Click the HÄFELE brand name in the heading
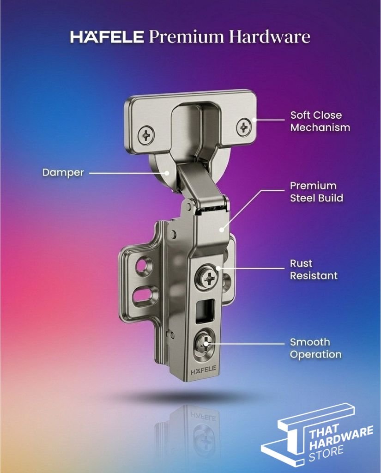[108, 37]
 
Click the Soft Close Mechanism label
[320, 121]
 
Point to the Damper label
[63, 172]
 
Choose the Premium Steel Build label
[316, 192]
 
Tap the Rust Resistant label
[314, 269]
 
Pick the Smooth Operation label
[315, 348]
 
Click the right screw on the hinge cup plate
[244, 126]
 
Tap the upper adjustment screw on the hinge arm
[207, 277]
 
